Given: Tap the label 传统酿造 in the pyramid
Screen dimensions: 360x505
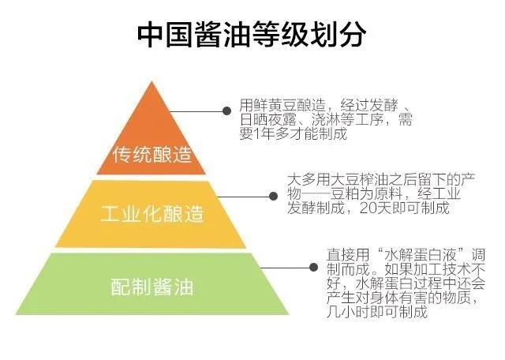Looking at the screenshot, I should [152, 153].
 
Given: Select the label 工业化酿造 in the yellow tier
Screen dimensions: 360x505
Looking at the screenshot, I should [152, 214].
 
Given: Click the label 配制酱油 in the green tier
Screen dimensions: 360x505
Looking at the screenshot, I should [152, 285].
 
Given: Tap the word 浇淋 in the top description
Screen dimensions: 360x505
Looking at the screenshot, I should [319, 120].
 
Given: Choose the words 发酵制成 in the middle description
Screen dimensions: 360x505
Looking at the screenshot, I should [312, 208].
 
